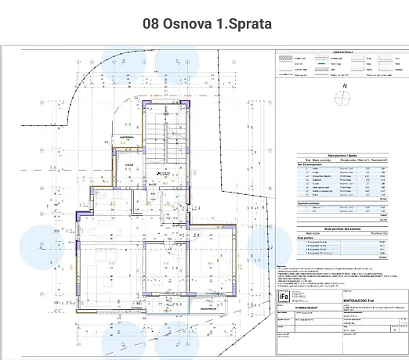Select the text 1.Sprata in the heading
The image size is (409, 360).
coord(244,23)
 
